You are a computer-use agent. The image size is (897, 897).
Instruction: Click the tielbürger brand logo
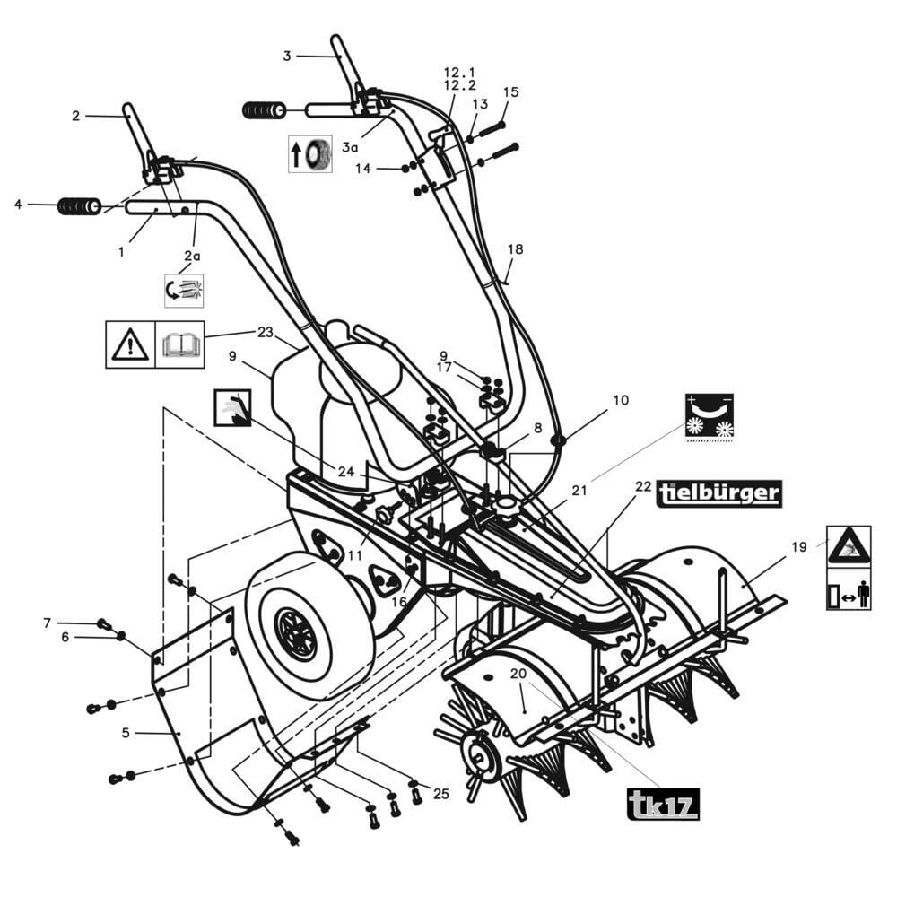718,493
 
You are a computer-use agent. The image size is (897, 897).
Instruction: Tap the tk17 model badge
662,803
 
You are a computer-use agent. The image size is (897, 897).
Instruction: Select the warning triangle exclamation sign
130,344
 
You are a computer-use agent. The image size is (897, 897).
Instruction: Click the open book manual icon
179,344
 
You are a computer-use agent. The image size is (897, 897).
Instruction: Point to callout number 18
515,249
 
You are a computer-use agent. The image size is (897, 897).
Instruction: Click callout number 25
440,793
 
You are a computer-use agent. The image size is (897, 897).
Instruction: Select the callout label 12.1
460,72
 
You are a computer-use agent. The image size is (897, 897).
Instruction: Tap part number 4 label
18,205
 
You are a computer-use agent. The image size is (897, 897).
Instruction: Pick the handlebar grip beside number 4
79,206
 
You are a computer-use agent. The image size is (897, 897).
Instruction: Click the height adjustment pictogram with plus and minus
709,417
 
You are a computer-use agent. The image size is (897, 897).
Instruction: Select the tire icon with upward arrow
310,154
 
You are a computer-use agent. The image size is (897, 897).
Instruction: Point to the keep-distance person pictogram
848,594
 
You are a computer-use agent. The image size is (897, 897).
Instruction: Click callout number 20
518,674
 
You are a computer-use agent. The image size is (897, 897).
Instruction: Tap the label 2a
192,256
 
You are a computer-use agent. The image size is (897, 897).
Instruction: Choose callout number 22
643,486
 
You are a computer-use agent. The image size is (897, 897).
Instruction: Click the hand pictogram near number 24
232,408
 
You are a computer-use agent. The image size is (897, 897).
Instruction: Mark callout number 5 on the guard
126,733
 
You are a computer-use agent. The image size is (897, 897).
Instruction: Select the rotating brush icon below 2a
184,290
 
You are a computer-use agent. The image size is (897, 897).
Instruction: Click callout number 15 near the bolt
510,91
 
